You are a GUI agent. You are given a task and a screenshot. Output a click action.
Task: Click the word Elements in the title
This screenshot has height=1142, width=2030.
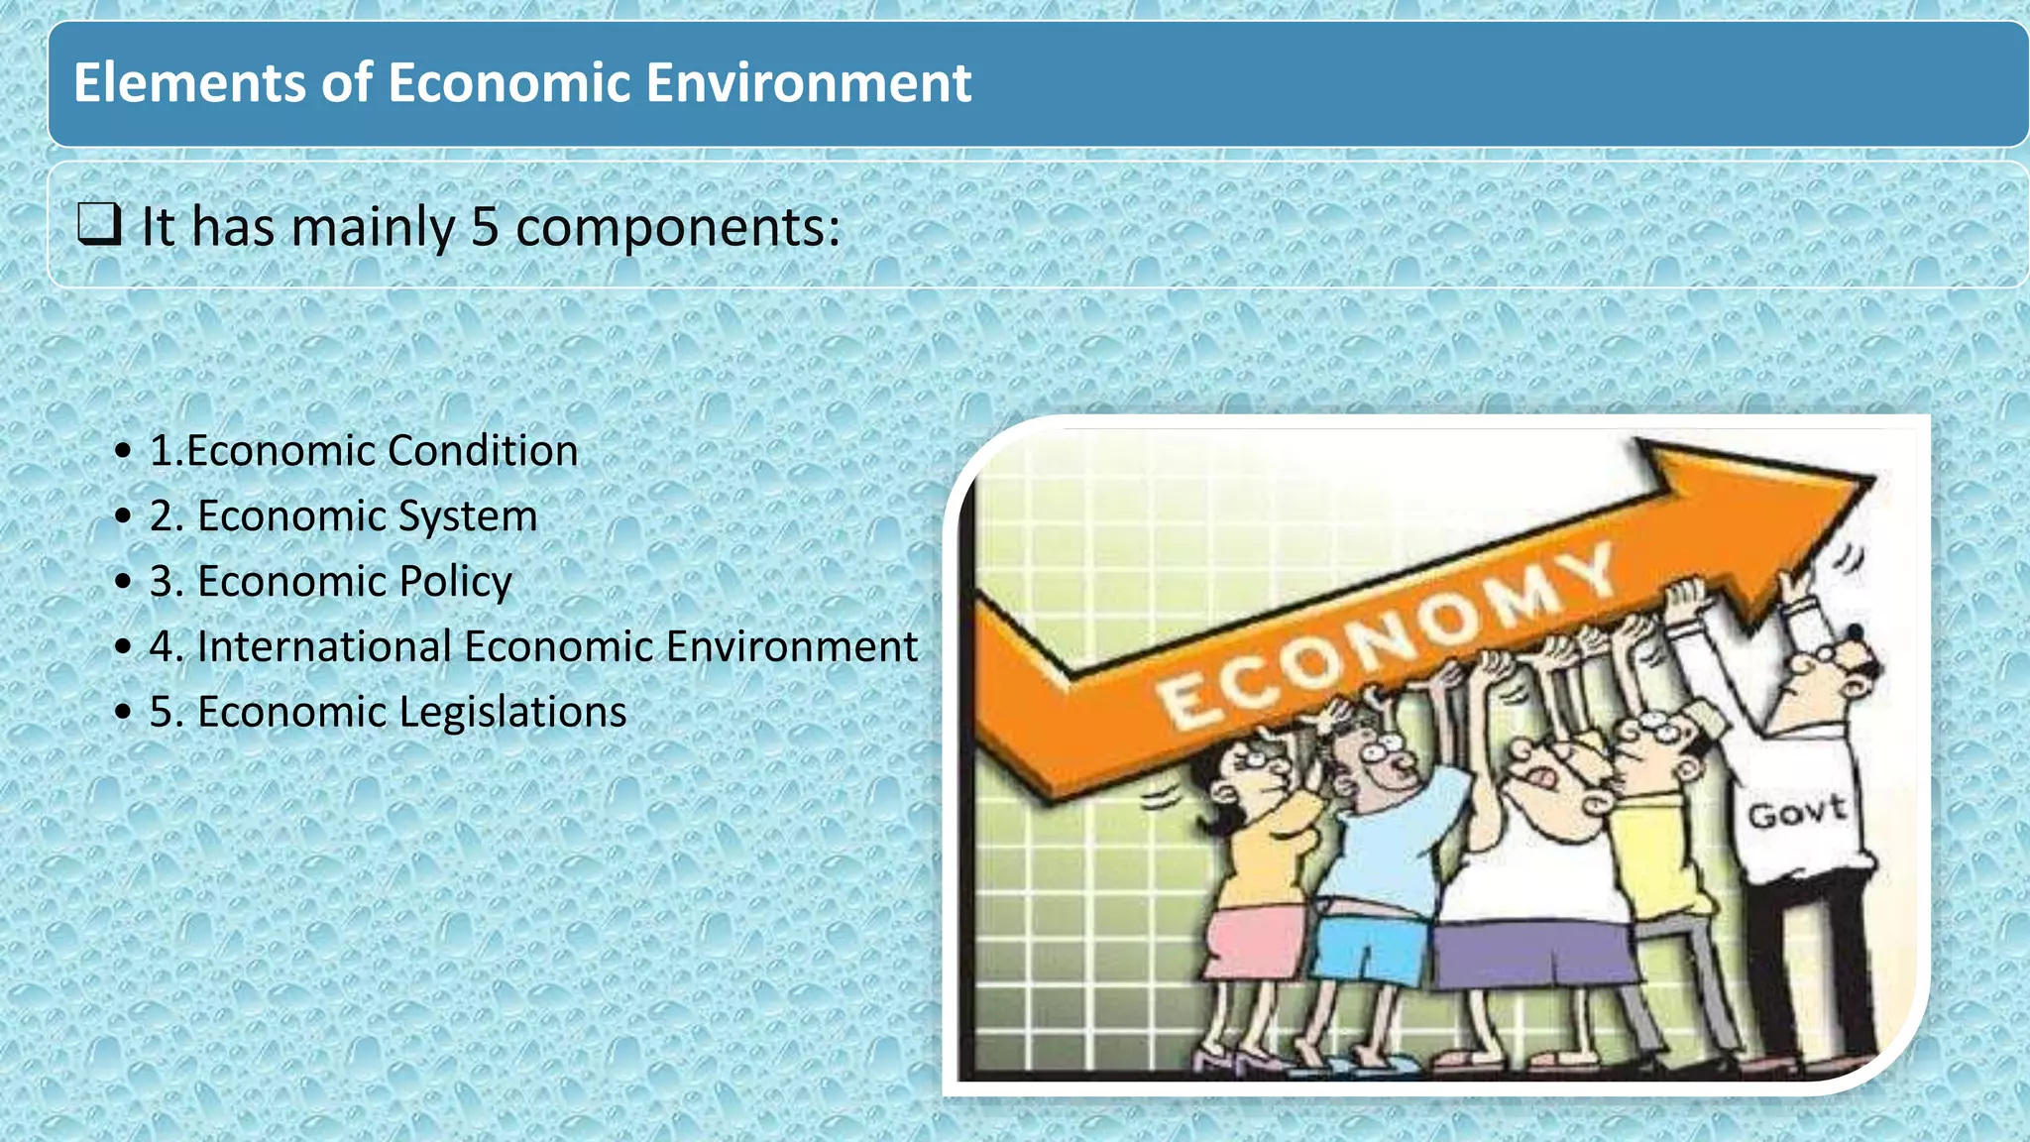click(189, 82)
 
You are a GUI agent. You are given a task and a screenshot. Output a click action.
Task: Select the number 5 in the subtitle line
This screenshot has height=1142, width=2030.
click(484, 227)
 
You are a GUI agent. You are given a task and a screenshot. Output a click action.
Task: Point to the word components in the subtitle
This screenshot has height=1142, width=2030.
click(677, 229)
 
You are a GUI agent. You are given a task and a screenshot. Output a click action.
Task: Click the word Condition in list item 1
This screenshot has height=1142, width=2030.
click(483, 451)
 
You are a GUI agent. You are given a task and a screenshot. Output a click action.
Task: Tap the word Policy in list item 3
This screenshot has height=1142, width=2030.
click(455, 582)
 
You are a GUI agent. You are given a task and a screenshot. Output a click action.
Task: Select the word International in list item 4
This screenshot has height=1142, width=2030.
click(324, 647)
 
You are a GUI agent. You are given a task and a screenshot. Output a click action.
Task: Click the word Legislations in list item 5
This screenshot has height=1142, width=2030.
click(512, 713)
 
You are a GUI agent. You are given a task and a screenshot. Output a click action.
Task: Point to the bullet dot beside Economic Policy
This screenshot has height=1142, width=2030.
click(123, 582)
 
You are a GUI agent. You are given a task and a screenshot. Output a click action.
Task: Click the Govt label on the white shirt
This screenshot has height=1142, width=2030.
click(1796, 813)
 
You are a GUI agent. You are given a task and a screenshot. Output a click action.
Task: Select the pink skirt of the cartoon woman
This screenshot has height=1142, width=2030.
click(1254, 942)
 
